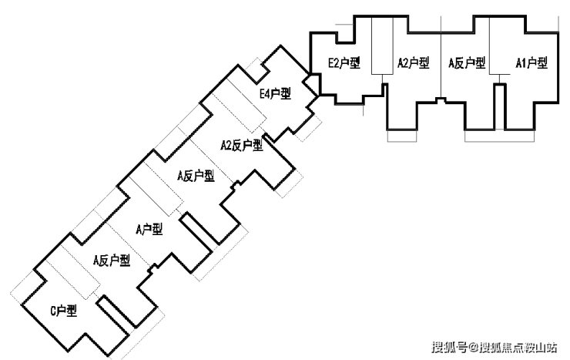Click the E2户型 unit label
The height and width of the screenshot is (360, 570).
tap(344, 63)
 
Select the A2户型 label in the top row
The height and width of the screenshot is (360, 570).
tap(414, 63)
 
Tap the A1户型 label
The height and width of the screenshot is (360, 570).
tap(531, 63)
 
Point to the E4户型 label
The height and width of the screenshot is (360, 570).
tap(275, 94)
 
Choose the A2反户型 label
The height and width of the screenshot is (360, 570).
tap(242, 146)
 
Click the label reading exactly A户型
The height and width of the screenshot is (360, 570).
tap(149, 229)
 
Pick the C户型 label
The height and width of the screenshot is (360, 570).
tap(64, 311)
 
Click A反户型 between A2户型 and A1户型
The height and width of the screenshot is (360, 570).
tap(467, 63)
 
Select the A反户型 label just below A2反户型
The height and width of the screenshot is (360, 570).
tap(196, 176)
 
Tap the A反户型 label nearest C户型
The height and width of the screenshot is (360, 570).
tap(112, 261)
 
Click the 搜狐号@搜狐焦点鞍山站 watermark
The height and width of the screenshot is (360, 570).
tap(495, 347)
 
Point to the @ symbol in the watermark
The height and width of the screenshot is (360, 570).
tap(474, 347)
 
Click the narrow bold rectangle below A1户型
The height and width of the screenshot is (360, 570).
tap(500, 107)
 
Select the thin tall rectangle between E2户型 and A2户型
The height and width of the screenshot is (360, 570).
tap(382, 45)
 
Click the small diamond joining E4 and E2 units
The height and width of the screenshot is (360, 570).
tap(311, 84)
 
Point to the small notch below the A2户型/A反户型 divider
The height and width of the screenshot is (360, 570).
tap(441, 100)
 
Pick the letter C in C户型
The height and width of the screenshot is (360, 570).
tap(53, 311)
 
